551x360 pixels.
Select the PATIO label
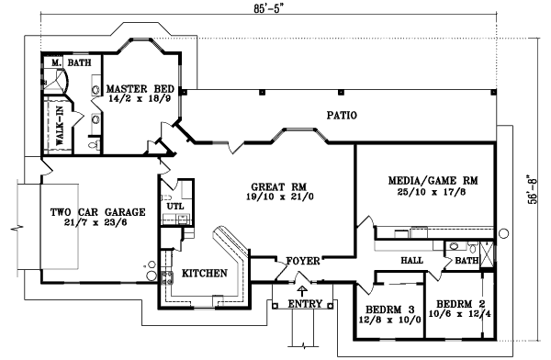point(341,116)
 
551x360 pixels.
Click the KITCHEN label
point(203,274)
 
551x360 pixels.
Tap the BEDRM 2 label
point(461,303)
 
